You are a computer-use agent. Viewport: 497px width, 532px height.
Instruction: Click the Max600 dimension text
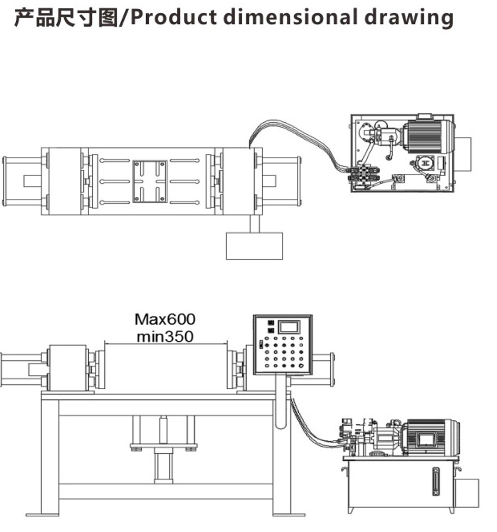coord(165,320)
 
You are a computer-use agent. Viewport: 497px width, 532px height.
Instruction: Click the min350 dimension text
coord(165,336)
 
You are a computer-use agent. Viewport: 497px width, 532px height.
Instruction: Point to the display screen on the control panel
coord(289,327)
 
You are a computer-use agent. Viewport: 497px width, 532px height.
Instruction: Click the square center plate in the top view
coord(149,181)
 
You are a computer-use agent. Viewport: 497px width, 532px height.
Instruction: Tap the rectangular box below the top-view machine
coord(254,246)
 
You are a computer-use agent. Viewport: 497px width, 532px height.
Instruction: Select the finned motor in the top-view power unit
coord(428,136)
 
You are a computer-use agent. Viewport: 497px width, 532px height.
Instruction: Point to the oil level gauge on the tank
coord(436,481)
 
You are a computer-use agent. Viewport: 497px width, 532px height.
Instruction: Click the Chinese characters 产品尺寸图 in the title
coord(67,17)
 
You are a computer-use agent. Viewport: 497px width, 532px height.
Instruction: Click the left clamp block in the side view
coord(68,368)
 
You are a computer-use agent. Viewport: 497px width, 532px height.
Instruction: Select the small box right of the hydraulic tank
coord(467,493)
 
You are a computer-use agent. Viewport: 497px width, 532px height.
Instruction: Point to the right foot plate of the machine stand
coord(289,515)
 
